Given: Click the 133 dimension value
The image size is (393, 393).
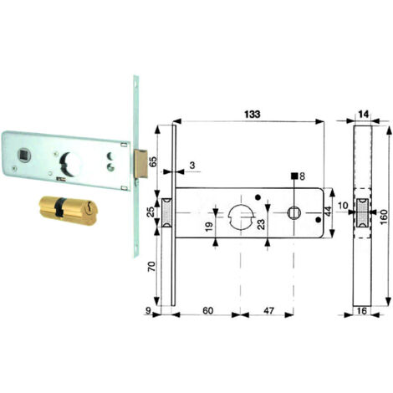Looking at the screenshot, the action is coord(253,115).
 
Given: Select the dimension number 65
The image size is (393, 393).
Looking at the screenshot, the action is coord(153,161).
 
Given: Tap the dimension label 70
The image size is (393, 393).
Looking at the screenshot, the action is coord(151,267).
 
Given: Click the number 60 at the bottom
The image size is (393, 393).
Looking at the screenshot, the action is coord(208,310).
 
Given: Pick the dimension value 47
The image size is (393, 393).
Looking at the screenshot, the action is coord(268,310).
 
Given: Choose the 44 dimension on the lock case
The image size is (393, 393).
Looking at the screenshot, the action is coord(328,211).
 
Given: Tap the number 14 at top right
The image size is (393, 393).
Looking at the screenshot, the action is coord(364,114).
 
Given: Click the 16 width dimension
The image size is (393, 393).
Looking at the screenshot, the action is coord(362,311).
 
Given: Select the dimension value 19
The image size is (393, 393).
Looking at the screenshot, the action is coord(209,226).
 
